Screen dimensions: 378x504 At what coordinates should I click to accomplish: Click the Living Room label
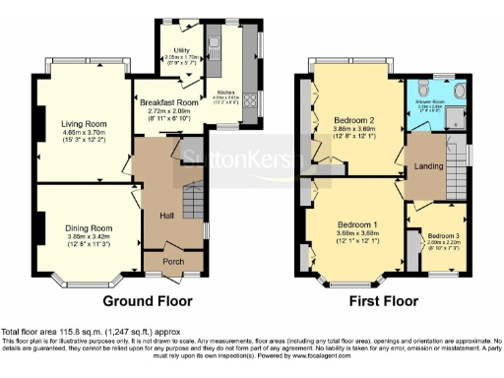point(90,123)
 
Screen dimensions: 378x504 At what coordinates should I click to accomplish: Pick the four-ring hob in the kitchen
point(247,100)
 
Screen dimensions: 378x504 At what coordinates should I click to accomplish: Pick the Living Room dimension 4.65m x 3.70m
point(90,133)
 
